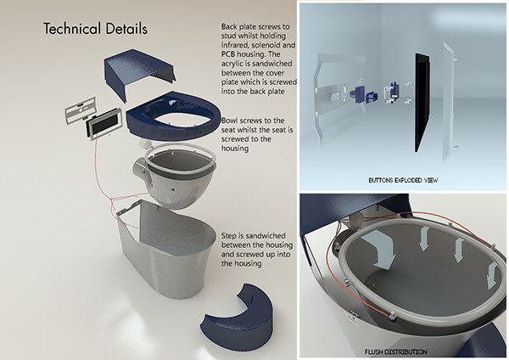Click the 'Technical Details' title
click(95, 29)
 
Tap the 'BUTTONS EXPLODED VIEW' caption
click(403, 180)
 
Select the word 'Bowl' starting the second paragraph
click(229, 121)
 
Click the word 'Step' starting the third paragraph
click(227, 233)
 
